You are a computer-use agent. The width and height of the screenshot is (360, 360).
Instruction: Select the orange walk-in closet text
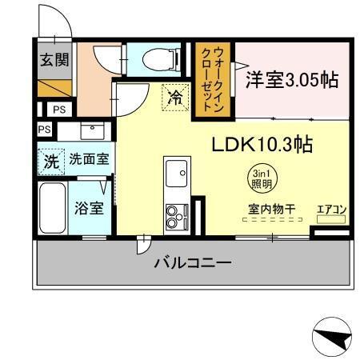[x=213, y=78]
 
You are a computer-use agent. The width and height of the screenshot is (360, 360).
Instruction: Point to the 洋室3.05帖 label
[x=292, y=80]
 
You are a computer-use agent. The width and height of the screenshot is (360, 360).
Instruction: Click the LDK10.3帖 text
[x=261, y=146]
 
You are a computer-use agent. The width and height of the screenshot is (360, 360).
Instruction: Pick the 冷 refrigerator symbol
[x=174, y=98]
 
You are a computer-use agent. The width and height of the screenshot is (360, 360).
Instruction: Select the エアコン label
[x=331, y=210]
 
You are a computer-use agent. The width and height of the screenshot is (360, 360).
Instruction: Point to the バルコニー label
[x=192, y=262]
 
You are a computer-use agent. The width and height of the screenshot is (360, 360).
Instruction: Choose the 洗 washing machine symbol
[x=51, y=159]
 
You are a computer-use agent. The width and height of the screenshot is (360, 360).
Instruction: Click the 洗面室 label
[x=89, y=159]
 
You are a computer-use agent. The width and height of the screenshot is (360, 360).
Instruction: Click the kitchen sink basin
[x=175, y=170]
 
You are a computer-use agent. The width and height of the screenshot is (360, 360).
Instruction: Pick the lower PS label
[x=44, y=129]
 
